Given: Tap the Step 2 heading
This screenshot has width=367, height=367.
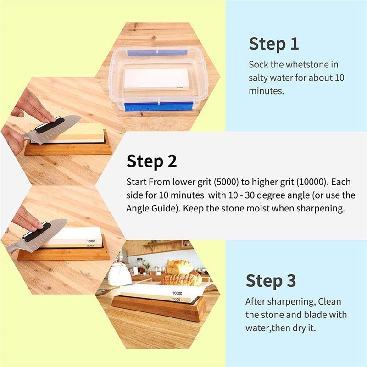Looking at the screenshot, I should (151, 161).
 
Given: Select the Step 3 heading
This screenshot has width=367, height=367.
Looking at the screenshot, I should (271, 280).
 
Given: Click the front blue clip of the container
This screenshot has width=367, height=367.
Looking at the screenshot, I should (158, 107).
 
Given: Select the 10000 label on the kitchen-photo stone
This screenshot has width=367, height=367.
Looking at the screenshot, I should (177, 292).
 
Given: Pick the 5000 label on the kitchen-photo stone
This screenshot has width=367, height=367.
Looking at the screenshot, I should (177, 300).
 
